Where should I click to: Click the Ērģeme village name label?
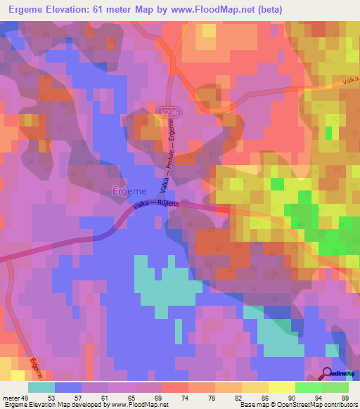[129, 190]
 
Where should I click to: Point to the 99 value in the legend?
[345, 396]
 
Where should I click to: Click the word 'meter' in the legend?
[12, 396]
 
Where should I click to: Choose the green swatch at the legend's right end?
[335, 387]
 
